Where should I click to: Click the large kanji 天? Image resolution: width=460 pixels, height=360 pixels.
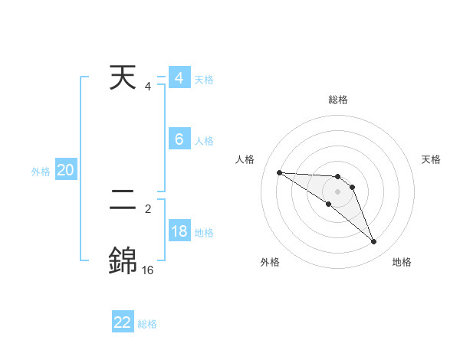coord(123,78)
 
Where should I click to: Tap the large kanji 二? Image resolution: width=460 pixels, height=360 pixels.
coord(123,201)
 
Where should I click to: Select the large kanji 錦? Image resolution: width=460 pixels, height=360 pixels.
coord(123,260)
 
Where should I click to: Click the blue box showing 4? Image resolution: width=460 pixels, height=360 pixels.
coord(179,79)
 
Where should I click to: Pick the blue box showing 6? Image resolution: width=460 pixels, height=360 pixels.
coord(179,139)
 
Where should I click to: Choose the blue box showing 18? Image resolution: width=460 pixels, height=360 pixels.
coord(179,231)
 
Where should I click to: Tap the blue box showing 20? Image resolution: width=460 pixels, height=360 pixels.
coord(66,170)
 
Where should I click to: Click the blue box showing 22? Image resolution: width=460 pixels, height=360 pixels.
coord(123,322)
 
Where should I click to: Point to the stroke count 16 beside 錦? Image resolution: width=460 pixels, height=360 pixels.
coord(147,270)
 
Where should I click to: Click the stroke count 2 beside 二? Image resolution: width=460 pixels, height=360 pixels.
coord(148,208)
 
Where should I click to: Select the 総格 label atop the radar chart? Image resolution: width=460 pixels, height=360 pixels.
coord(338,100)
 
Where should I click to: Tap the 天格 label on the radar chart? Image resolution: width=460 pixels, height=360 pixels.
coord(431,159)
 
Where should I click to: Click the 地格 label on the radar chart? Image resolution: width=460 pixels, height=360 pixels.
coord(402,263)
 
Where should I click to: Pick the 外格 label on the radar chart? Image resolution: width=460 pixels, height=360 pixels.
coord(270,263)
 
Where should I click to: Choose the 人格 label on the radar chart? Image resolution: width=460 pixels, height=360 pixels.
coord(245,159)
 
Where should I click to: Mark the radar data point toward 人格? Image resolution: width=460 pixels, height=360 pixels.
coord(279,172)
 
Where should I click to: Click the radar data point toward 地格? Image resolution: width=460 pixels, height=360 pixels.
coord(374,242)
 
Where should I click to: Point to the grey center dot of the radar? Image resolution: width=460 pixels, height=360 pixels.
coord(338,191)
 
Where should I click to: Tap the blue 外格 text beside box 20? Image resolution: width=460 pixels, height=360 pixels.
coord(41,172)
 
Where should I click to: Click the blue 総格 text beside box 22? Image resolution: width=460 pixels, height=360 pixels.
coord(147,324)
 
